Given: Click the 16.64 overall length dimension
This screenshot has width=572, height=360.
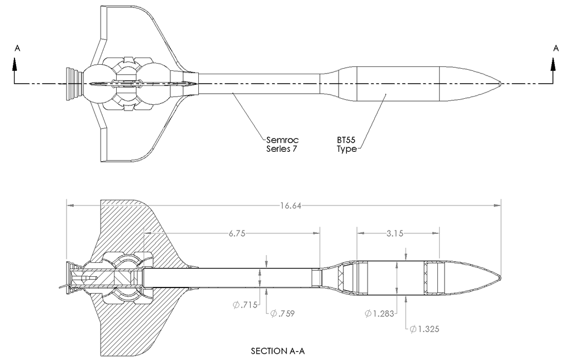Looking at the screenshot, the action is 290,206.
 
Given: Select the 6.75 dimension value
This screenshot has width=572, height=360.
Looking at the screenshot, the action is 237,233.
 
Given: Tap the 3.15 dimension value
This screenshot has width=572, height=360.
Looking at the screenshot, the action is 395,233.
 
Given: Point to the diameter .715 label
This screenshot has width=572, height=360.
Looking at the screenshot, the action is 245,305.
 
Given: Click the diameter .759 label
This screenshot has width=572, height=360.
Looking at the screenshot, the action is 282,313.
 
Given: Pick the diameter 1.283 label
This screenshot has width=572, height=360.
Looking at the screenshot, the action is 379,313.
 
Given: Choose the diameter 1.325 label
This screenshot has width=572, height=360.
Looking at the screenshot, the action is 425,329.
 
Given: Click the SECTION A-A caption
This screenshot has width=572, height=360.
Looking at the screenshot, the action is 278,351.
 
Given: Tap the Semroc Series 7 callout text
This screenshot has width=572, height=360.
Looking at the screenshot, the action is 282,145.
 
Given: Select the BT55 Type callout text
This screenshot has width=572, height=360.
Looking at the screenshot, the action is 346,145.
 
